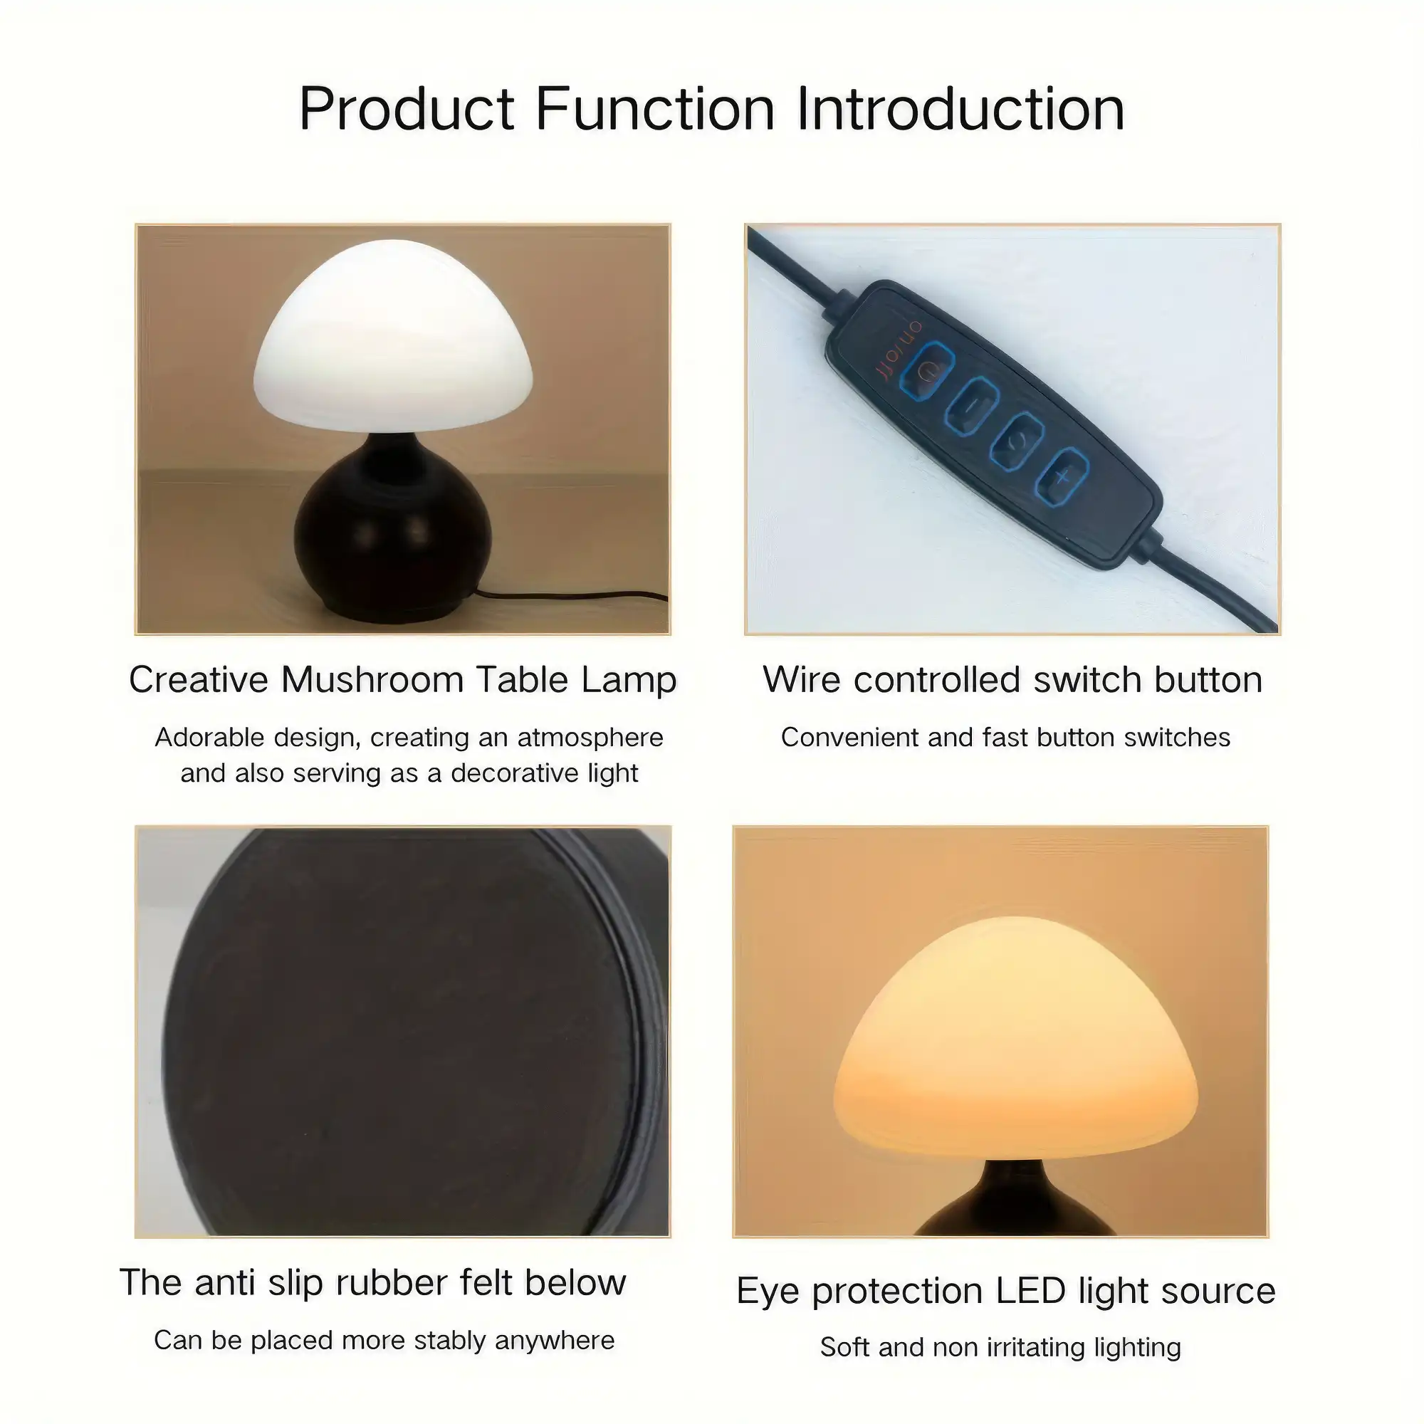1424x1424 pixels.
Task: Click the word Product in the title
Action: (407, 108)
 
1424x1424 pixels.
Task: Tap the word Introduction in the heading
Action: (960, 108)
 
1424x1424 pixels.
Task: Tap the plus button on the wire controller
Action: (1062, 476)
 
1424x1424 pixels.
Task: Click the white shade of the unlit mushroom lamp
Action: (393, 336)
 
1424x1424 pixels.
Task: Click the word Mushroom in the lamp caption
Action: (373, 679)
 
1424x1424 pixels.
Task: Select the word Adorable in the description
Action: (210, 737)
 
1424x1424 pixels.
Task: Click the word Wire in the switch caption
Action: (802, 679)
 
